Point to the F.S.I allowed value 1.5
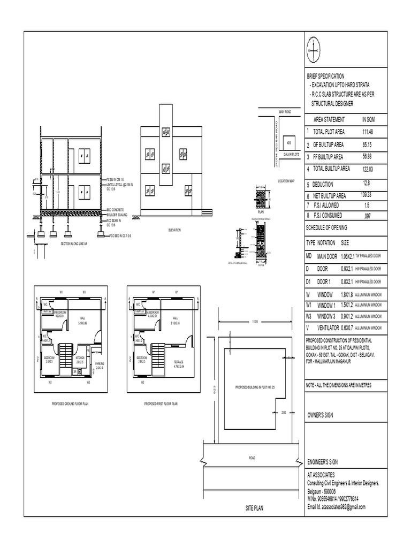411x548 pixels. point(367,205)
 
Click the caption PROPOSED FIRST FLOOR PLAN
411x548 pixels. point(161,404)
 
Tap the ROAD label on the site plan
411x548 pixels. point(252,458)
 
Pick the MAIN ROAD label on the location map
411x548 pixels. point(284,111)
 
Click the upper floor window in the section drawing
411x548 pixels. point(84,154)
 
